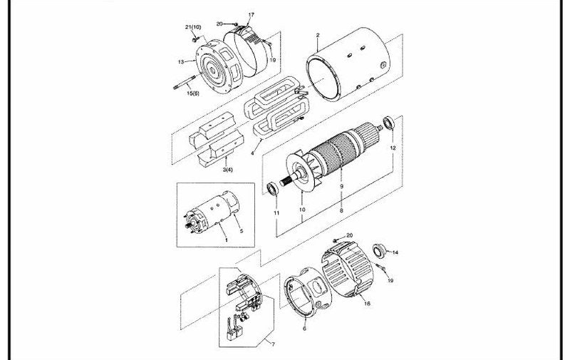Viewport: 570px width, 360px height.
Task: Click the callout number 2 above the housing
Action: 318,35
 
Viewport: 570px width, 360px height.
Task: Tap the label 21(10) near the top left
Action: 193,27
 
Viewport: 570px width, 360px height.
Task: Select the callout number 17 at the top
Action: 252,15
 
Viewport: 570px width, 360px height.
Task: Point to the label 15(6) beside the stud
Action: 193,93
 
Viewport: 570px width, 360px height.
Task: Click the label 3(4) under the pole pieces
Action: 228,170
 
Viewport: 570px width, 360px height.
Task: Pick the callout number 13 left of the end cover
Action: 181,62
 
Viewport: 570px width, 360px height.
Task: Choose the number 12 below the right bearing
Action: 393,148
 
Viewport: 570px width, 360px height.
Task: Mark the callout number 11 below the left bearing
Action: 276,212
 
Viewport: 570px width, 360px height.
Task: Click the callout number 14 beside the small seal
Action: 395,252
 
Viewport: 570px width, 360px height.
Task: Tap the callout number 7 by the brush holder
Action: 274,344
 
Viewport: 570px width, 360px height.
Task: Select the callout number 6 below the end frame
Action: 305,329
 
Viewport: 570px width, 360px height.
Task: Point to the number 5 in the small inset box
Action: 242,231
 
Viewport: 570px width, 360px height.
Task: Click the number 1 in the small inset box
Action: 226,240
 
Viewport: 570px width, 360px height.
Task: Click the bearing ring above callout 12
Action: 389,123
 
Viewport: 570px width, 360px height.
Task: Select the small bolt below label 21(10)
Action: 196,37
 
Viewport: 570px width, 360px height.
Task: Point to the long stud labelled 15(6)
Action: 186,82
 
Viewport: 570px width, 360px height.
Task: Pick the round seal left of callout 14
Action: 380,250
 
